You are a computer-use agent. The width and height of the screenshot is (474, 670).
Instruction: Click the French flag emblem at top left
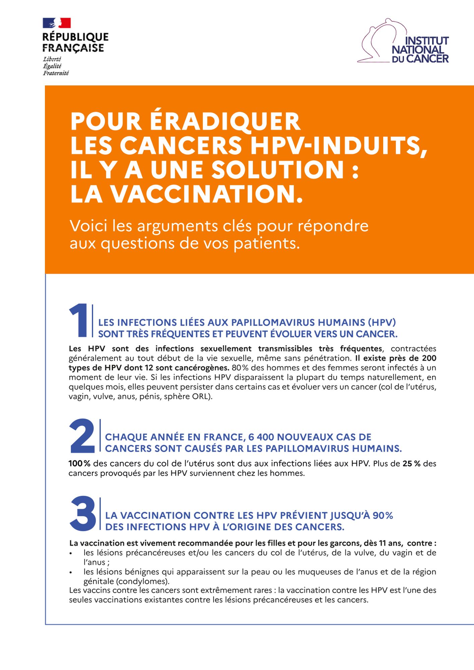(57, 23)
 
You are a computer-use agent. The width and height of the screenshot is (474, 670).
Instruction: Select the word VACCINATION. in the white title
(207, 194)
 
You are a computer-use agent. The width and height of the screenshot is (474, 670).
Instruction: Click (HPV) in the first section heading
(382, 323)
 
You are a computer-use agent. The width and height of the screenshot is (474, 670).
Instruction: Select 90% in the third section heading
(383, 516)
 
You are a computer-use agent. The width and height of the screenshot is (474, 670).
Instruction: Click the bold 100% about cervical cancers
(79, 464)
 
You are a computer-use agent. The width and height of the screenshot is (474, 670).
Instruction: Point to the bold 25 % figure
(411, 464)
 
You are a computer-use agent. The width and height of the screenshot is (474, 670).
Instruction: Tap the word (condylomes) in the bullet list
(143, 581)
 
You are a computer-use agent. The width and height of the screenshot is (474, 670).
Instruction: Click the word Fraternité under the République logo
(56, 73)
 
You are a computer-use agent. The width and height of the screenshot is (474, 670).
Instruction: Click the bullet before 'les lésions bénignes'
(71, 573)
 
